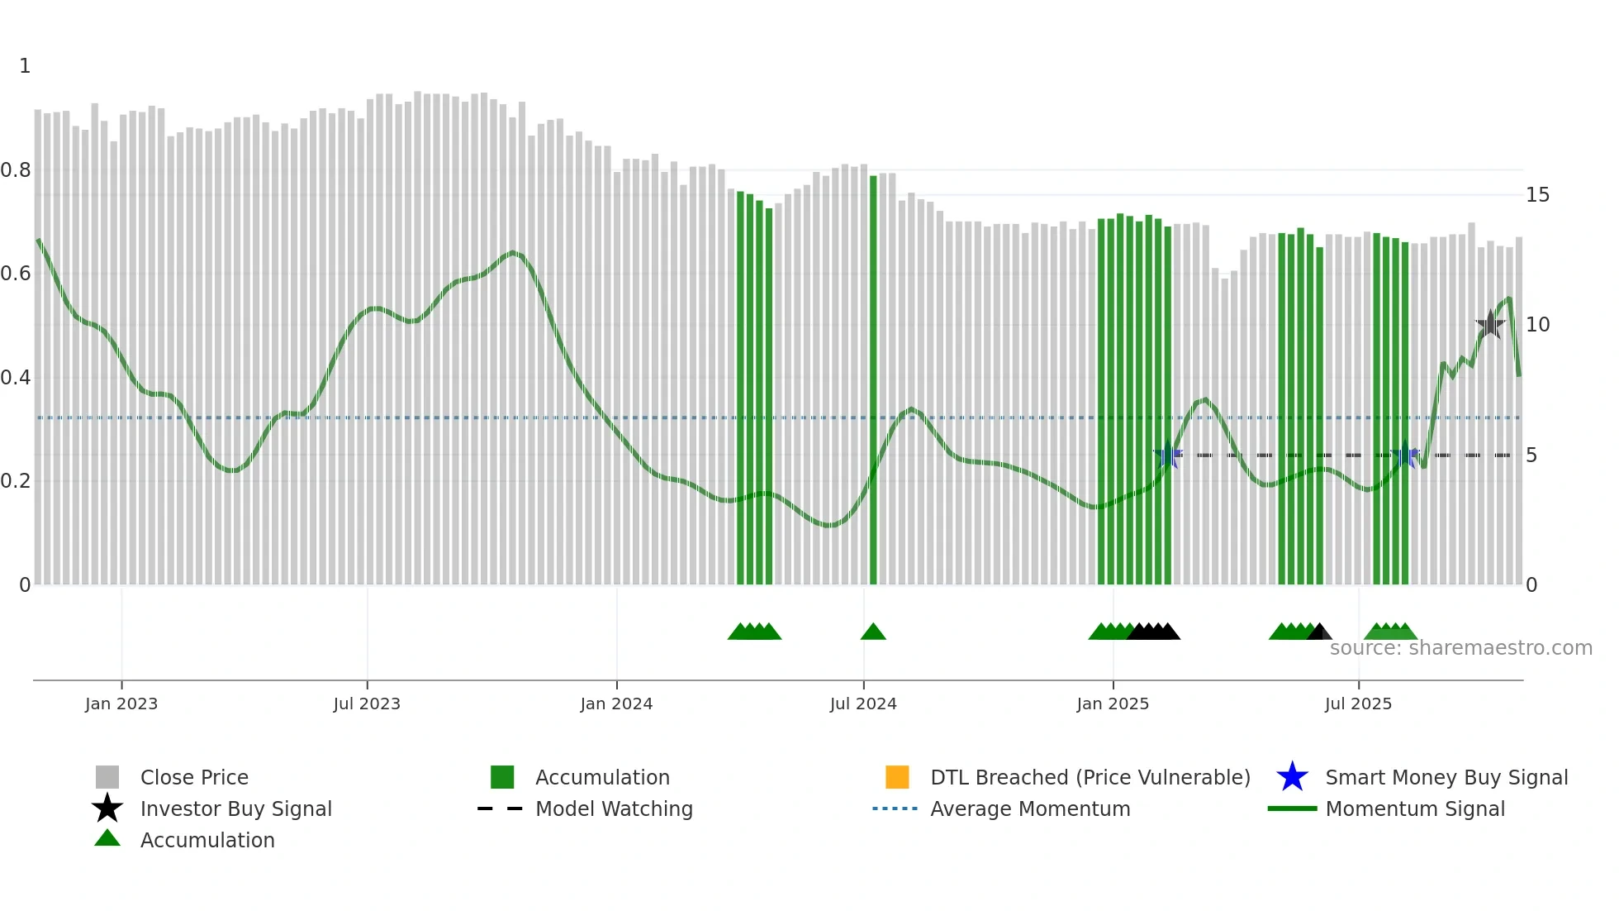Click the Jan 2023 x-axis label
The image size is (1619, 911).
coord(121,704)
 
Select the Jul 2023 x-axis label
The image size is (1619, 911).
coord(367,704)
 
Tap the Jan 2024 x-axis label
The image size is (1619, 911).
coord(616,704)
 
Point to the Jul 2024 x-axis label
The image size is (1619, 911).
coord(863,704)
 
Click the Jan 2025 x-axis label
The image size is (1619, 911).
coord(1113,704)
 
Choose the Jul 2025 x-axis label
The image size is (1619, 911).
coord(1358,704)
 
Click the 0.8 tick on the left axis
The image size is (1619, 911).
coord(16,170)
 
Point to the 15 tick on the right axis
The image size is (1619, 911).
coord(1537,195)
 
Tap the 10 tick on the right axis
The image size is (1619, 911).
coord(1537,325)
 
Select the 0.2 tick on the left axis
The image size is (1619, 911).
coord(16,481)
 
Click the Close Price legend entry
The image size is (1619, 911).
coord(194,778)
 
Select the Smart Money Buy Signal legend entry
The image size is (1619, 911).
coord(1446,778)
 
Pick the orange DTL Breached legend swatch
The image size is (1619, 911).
coord(897,777)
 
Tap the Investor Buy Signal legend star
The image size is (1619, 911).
coord(107,808)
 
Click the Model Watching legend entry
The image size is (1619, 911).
coord(614,809)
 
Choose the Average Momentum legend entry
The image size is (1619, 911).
coord(1030,809)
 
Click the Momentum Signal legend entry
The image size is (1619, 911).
coord(1415,809)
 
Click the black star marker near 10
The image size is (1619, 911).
coord(1490,325)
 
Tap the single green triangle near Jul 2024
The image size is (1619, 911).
coord(873,632)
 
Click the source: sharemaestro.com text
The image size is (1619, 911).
coord(1461,648)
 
